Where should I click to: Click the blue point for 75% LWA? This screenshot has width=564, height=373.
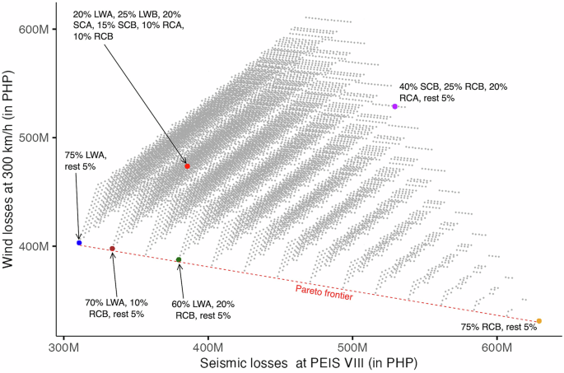coord(79,243)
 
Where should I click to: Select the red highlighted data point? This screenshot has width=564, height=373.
coord(188,166)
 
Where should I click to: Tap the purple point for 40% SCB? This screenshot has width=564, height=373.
coord(395,106)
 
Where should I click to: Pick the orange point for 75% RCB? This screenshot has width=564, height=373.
coord(538,321)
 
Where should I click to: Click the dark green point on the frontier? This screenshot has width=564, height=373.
coord(179,260)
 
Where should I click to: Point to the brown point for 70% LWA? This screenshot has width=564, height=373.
coord(113,249)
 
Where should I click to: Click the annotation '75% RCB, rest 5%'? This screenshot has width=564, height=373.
coord(498,327)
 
